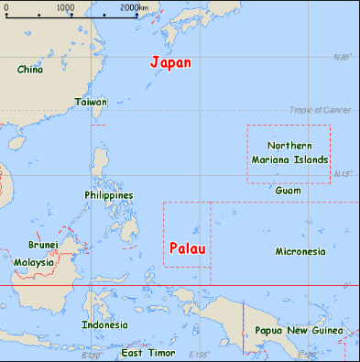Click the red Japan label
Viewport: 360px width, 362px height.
[x=170, y=63]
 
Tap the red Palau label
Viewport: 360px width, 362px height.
[x=186, y=248]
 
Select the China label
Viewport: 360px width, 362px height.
[x=30, y=69]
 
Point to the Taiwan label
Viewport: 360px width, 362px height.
[x=91, y=102]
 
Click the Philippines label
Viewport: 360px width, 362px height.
[x=108, y=195]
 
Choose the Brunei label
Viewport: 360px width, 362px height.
[x=43, y=245]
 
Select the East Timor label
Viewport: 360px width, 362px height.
[x=147, y=353]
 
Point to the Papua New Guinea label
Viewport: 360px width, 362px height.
[x=299, y=330]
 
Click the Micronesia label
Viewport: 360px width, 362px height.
[x=300, y=251]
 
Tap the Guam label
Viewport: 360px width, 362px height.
[x=288, y=190]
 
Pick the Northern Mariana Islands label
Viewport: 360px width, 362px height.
[x=289, y=152]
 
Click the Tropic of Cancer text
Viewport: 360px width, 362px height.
[x=320, y=110]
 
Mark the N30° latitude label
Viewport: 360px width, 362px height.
[x=342, y=57]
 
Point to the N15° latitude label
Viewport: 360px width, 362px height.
[x=342, y=173]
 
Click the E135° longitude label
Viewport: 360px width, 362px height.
[x=199, y=355]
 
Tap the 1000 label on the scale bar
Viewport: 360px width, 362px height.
[x=66, y=7]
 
